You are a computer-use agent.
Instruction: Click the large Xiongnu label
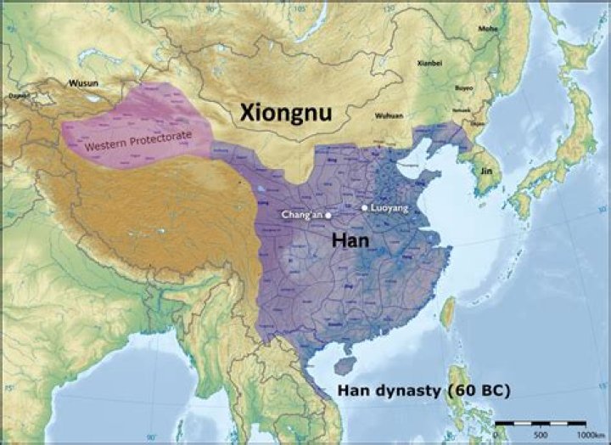point(283,111)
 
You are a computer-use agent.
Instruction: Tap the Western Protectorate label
point(137,141)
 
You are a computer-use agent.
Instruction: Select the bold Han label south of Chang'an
point(351,240)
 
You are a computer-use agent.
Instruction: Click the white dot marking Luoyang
point(364,207)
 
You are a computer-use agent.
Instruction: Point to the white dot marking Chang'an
point(328,215)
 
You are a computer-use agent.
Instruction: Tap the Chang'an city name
point(301,215)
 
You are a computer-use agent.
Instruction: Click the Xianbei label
point(430,63)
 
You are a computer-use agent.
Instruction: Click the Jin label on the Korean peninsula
point(485,170)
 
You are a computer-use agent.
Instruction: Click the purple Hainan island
point(344,363)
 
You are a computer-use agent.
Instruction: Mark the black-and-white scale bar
point(540,421)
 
